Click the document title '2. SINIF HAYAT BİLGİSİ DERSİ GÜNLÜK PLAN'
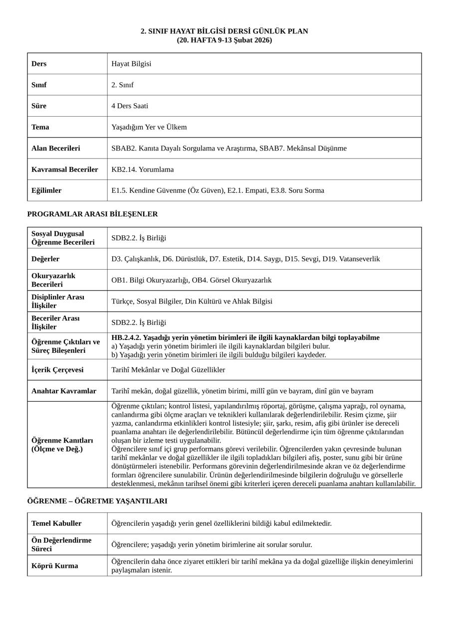pos(224,31)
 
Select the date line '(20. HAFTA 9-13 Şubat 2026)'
pos(224,40)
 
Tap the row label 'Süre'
pos(39,106)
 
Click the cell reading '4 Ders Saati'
pos(130,106)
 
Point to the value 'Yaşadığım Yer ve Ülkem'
pos(149,127)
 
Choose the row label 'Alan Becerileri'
pos(55,149)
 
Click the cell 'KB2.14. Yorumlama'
pos(143,169)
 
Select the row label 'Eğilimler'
pos(46,190)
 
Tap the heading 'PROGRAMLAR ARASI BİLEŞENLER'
pos(92,214)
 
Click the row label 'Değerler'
pos(45,259)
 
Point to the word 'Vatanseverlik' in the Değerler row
pos(359,259)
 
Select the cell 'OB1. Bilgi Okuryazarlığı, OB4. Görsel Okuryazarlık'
pos(192,280)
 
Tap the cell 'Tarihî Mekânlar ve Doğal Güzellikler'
pos(168,370)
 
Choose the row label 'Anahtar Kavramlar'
pos(64,391)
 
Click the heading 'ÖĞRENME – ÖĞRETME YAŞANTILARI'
pos(97,501)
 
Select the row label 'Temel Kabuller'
pos(56,523)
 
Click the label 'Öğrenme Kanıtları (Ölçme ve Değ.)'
pos(62,445)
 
